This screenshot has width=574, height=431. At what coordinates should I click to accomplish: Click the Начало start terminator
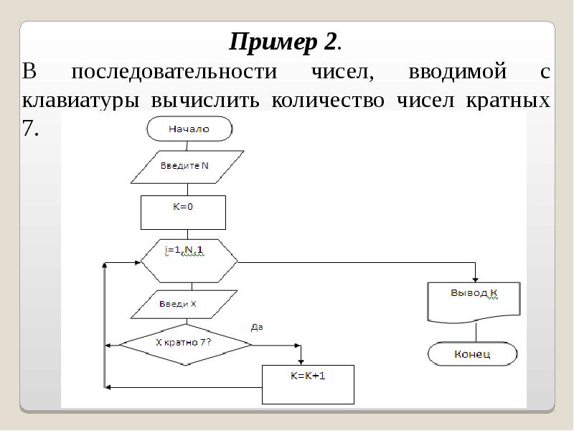point(189,129)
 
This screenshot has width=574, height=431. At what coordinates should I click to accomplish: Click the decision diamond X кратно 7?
point(185,344)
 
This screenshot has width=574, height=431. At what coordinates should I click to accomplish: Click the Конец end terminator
point(472,353)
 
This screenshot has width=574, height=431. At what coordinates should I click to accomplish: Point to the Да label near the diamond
point(257,327)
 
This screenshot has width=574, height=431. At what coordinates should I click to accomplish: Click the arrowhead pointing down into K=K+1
point(301,359)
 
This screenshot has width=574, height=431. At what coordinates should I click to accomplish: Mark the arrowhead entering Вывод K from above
point(474,279)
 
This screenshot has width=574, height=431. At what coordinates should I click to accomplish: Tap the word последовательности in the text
point(174,73)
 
